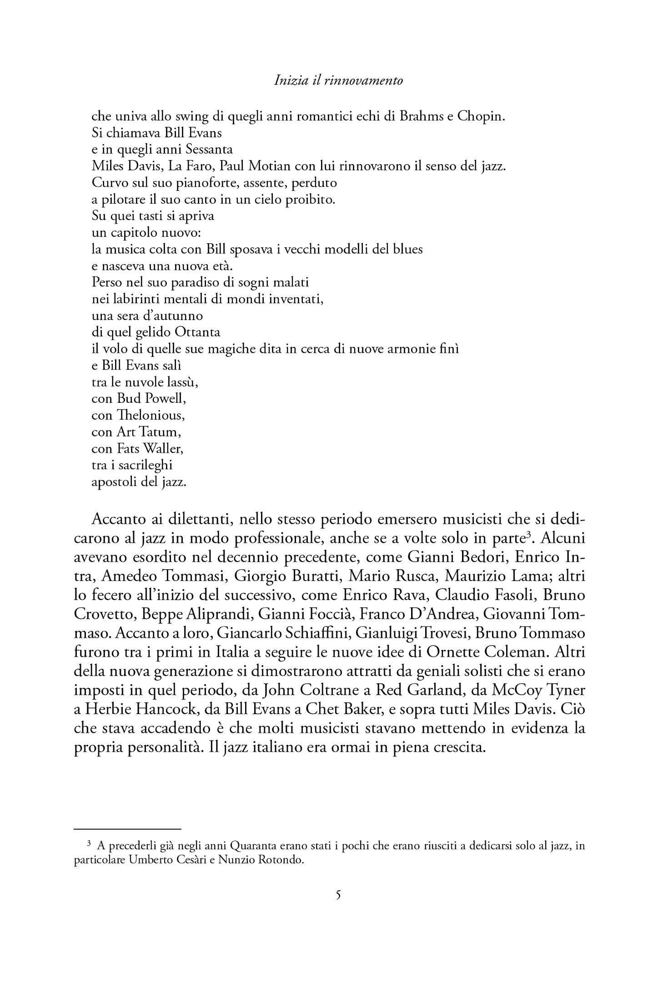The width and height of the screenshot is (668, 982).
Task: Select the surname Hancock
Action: point(166,709)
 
